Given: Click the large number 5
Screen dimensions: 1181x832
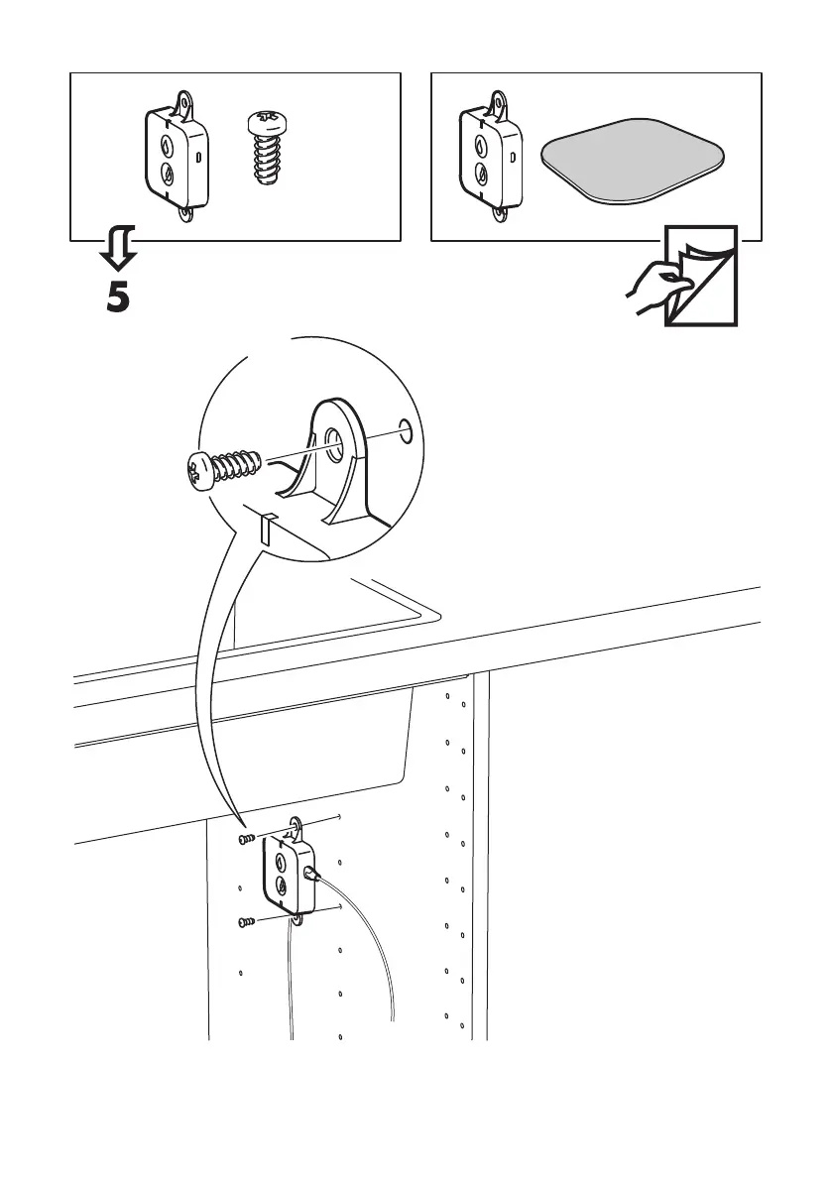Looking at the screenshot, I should click(x=117, y=297).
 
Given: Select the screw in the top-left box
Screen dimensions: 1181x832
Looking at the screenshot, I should click(x=265, y=149).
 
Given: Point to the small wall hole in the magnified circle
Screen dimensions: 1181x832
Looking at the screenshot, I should click(x=404, y=429).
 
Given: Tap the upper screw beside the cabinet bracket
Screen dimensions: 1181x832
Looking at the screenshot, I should click(x=247, y=840).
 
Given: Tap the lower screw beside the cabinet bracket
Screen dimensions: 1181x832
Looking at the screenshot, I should click(x=247, y=922).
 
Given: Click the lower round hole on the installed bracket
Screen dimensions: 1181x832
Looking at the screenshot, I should click(x=282, y=885).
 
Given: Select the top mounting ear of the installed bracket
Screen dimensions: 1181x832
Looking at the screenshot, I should click(x=297, y=826).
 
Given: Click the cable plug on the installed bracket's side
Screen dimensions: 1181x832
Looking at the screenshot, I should click(x=311, y=873).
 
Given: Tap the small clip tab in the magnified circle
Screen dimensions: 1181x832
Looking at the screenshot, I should click(x=265, y=529).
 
